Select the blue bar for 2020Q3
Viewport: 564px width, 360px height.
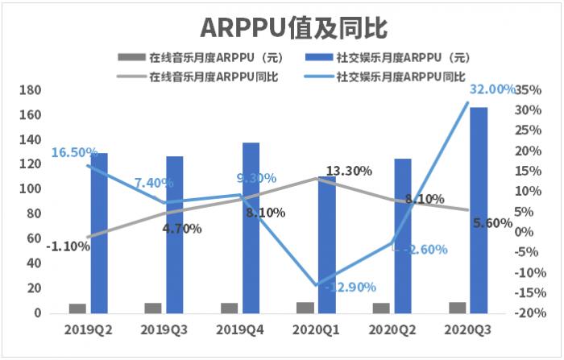point(479,209)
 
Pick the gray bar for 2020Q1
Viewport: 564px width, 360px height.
point(305,307)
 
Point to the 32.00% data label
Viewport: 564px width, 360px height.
point(492,89)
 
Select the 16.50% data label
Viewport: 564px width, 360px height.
point(74,152)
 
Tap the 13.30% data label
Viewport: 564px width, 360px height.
point(349,171)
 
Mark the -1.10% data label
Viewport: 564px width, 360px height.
point(68,246)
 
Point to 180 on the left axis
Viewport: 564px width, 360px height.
point(29,90)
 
